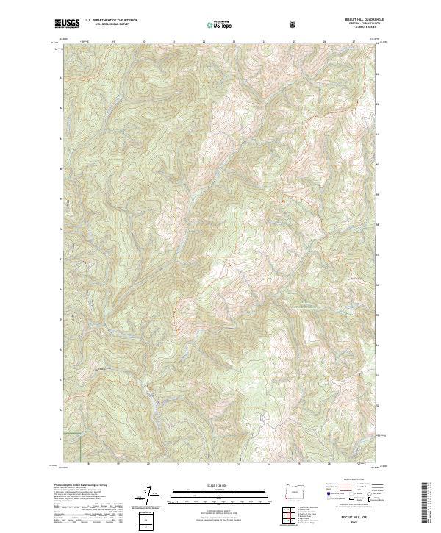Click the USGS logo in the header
68,24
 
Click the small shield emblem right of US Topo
253,24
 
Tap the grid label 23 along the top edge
234,42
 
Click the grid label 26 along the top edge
324,42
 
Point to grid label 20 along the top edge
143,42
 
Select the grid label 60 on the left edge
60,168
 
